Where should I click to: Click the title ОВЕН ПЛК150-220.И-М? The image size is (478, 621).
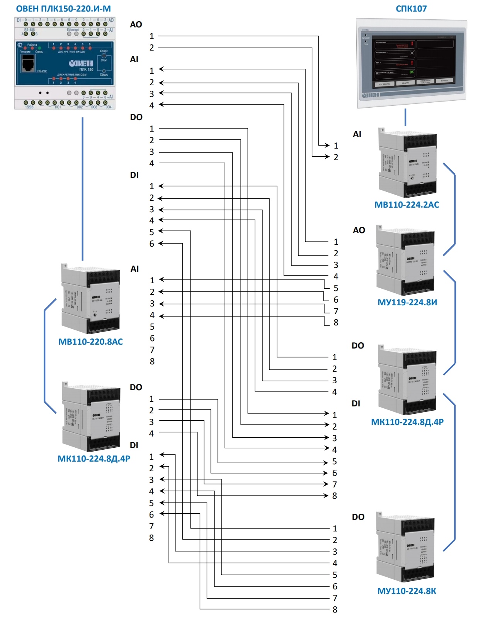pos(63,8)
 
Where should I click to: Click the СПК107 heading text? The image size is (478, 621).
pos(411,8)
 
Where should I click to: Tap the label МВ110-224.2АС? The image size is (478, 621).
pos(407,205)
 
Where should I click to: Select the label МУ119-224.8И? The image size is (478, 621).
pos(407,302)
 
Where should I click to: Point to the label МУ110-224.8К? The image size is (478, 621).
pos(407,591)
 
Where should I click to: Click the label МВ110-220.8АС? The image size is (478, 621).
pos(90,342)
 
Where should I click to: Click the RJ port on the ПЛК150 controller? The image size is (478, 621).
pos(28,63)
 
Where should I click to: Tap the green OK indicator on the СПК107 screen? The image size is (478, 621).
pos(412,72)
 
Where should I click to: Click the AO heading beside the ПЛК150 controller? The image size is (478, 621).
pos(136,25)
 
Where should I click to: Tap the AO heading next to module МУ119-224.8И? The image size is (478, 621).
pos(359,230)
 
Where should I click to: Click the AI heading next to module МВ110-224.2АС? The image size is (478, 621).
pos(357,134)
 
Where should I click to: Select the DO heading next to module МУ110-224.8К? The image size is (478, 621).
pos(358,517)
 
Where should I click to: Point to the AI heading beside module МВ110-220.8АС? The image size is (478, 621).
pos(134,269)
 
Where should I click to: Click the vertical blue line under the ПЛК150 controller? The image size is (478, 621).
pos(82,189)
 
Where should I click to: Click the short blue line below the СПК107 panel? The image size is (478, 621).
pos(405,117)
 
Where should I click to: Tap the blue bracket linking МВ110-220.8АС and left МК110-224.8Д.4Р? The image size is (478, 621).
pos(45,355)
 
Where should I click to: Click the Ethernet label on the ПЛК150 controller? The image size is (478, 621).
pos(73,30)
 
